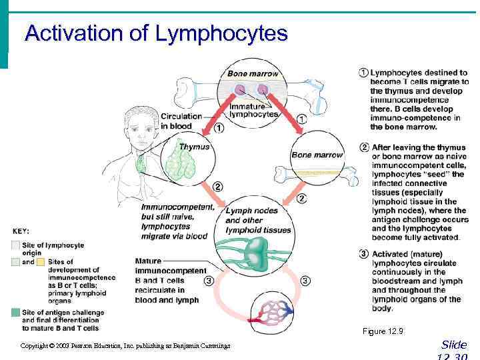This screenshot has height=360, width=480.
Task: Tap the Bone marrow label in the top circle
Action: pyautogui.click(x=253, y=73)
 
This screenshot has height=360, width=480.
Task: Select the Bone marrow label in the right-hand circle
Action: pyautogui.click(x=317, y=155)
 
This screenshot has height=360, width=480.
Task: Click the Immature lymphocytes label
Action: pyautogui.click(x=253, y=110)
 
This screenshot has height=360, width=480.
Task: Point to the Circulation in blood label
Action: pyautogui.click(x=181, y=121)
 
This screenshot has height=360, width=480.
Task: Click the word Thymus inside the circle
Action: pyautogui.click(x=194, y=147)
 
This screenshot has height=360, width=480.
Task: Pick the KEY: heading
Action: pyautogui.click(x=21, y=231)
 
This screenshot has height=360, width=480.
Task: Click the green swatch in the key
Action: pyautogui.click(x=15, y=312)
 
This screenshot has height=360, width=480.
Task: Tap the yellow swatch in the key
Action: pyautogui.click(x=41, y=262)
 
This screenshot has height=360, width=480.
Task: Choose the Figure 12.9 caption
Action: pyautogui.click(x=383, y=331)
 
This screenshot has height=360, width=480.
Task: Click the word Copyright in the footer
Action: pyautogui.click(x=35, y=346)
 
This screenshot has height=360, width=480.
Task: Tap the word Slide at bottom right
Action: pyautogui.click(x=454, y=345)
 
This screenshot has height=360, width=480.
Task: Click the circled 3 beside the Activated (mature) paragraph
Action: pyautogui.click(x=363, y=254)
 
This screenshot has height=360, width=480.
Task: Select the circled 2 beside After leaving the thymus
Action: pyautogui.click(x=363, y=147)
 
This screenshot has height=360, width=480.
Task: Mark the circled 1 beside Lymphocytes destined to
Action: pyautogui.click(x=363, y=73)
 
